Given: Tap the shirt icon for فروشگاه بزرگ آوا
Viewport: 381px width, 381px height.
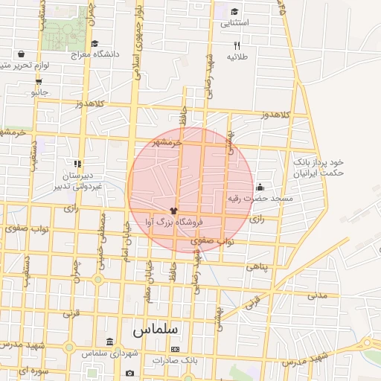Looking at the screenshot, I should coord(173,211).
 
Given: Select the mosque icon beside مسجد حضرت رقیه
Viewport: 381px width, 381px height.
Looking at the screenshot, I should coord(260,187).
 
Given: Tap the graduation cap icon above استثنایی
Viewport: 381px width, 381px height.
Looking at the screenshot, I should coord(235,11).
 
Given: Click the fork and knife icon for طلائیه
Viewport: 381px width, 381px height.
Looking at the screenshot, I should coord(237,45).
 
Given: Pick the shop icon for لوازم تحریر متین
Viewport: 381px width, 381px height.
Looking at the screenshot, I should coord(21,54).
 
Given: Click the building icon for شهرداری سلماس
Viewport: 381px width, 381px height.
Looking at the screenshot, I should coord(110,342).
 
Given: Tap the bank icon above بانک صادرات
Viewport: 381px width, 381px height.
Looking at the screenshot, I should coord(175,348).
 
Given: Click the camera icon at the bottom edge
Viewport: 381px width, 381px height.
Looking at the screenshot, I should coord(130,373).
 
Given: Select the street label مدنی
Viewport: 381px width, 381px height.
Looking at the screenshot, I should coord(317,295).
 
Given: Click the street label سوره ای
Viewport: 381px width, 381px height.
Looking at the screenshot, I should coord(33,370).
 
